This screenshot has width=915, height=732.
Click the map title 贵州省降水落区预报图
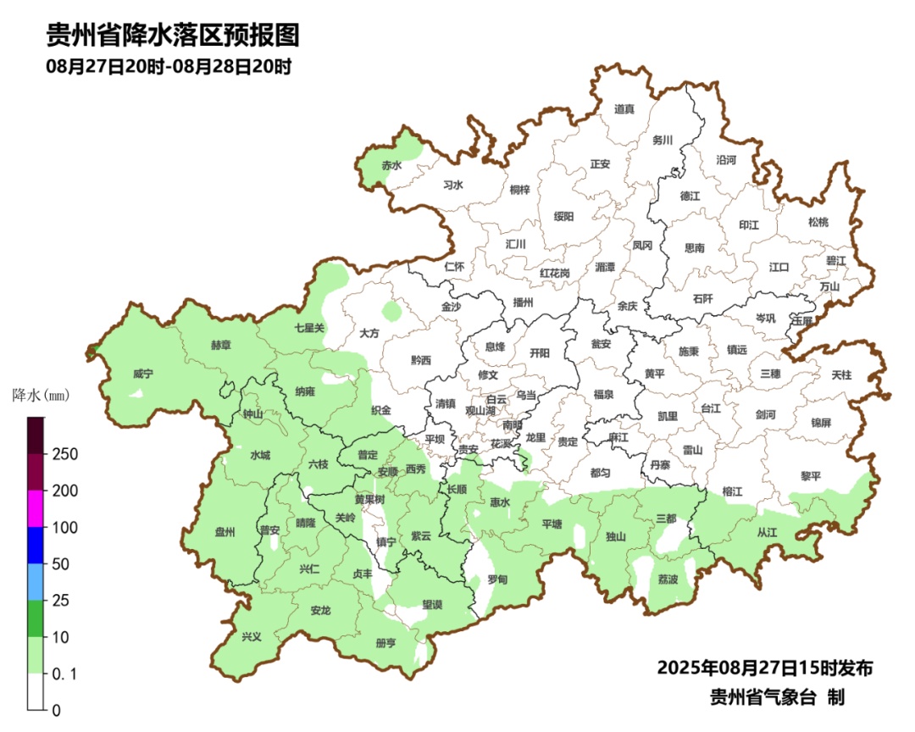pyautogui.click(x=173, y=36)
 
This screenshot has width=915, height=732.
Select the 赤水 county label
pyautogui.click(x=391, y=166)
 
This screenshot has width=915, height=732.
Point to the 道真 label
pyautogui.click(x=624, y=108)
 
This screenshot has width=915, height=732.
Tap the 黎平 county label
pyautogui.click(x=811, y=476)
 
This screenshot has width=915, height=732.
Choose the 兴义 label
pyautogui.click(x=252, y=636)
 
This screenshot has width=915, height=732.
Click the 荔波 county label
pyautogui.click(x=668, y=579)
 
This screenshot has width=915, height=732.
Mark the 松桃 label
pyautogui.click(x=818, y=222)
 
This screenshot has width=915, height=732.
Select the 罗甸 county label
pyautogui.click(x=497, y=579)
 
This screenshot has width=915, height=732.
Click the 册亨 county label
pyautogui.click(x=385, y=643)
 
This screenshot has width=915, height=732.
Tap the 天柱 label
pyautogui.click(x=841, y=374)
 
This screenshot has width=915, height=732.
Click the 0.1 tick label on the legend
pyautogui.click(x=65, y=674)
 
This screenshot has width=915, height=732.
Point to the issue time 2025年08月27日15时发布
pyautogui.click(x=764, y=668)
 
